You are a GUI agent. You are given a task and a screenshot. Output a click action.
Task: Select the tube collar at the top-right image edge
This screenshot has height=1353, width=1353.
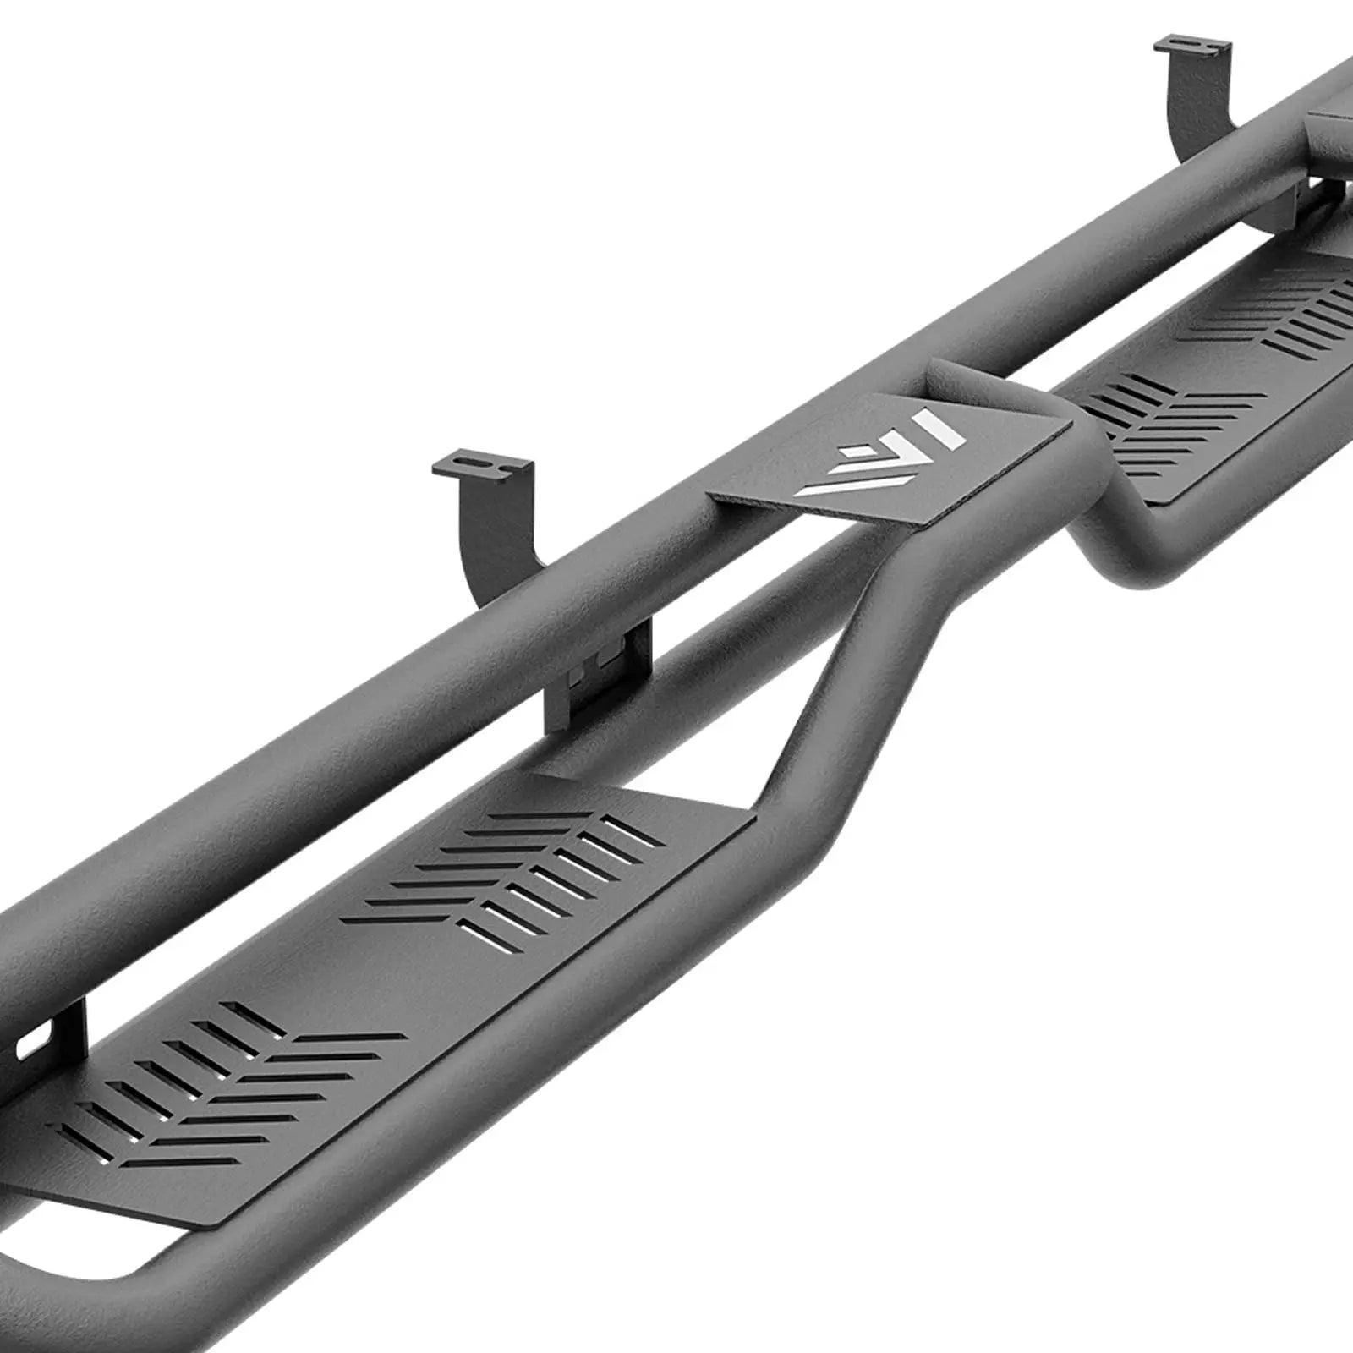(1328, 127)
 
